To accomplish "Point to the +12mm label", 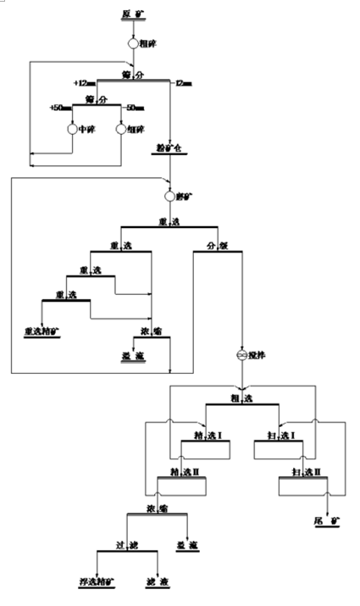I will point(82,83).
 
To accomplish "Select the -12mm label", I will point(183,83).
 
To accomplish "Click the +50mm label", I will point(59,108).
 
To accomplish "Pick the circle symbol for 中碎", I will point(72,129).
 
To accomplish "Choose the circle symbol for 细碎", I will point(121,129).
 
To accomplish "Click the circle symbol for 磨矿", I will point(169,197).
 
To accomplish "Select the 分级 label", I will point(218,247).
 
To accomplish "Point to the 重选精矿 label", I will point(41,330).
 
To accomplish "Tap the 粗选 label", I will point(242,397).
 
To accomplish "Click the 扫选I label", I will point(279,436).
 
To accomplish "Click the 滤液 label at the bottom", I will point(158,585).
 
